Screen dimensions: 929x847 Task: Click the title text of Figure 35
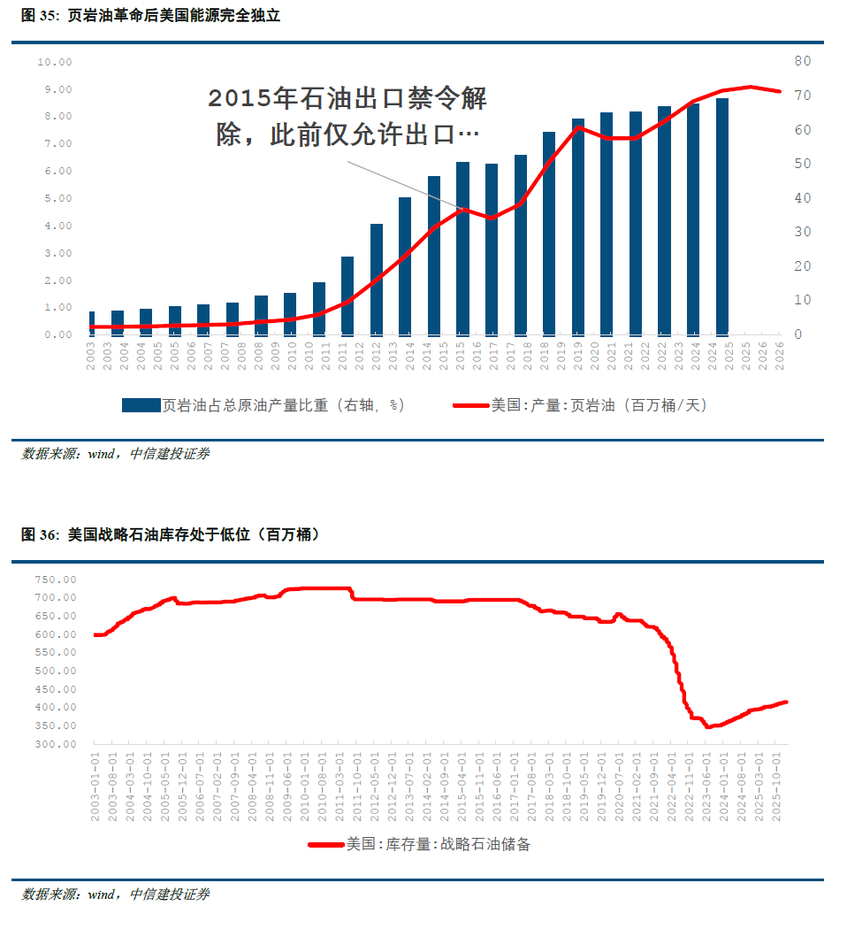[150, 16]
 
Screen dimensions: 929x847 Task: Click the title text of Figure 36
[170, 534]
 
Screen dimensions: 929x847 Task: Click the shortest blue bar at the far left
[92, 322]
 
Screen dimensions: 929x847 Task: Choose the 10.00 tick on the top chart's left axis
[54, 62]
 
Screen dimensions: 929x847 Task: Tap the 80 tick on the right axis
[802, 61]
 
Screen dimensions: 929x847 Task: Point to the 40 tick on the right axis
[802, 198]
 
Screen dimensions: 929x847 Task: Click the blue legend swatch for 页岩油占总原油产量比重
[140, 405]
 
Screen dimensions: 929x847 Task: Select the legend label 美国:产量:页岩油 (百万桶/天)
[599, 405]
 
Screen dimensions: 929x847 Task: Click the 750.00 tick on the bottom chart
[57, 580]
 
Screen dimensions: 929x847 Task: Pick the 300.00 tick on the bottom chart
[57, 744]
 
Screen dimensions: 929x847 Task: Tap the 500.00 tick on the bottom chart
[57, 671]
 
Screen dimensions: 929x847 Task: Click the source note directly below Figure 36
[115, 894]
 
